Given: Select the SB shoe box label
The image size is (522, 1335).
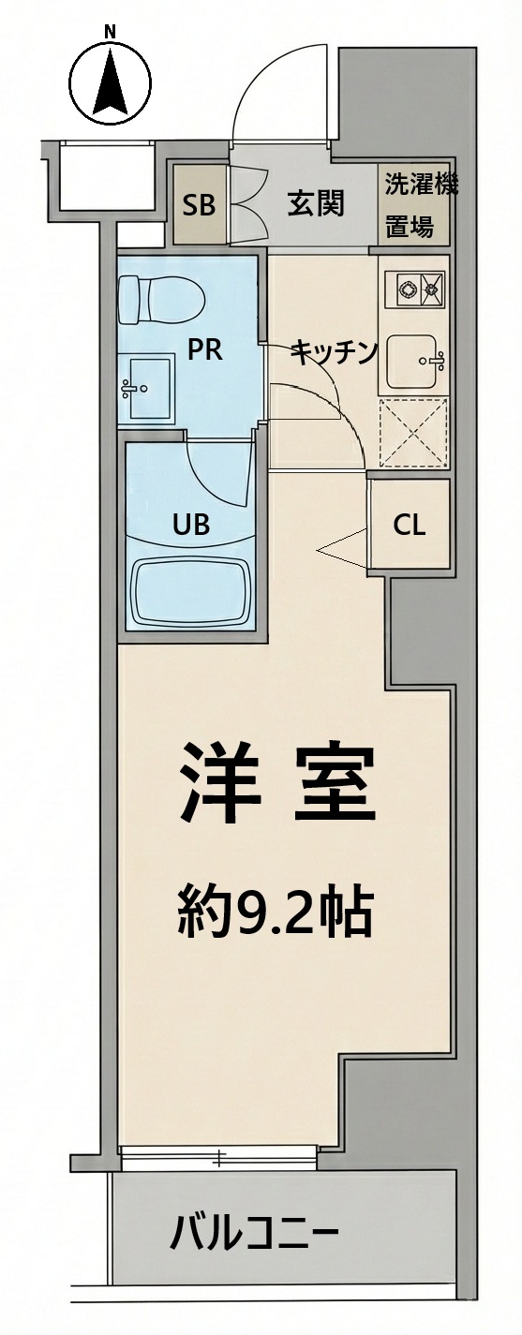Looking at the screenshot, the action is tap(199, 205).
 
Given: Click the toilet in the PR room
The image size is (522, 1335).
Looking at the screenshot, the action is tap(161, 300).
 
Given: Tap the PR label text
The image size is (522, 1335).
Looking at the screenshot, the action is tap(204, 351).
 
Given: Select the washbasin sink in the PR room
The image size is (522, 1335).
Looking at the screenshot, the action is tap(146, 388).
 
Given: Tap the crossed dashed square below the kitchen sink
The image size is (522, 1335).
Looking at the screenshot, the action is tap(413, 432).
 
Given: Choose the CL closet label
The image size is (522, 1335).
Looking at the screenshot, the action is tap(410, 526).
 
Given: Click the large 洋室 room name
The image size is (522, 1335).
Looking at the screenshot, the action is tap(277, 781).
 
